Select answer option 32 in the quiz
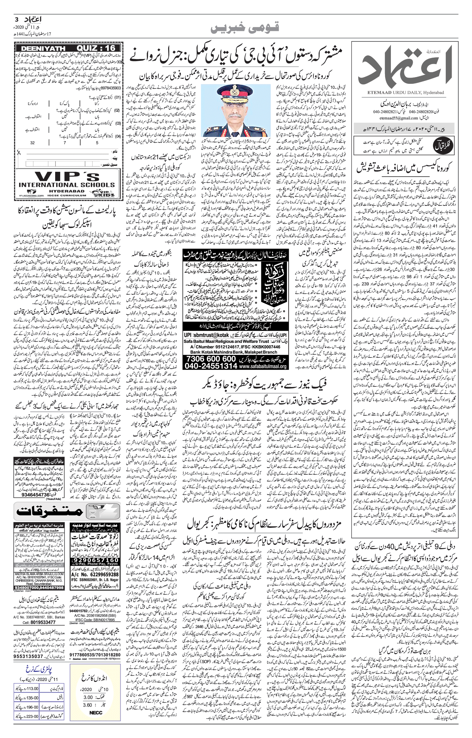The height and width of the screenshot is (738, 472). [x=32, y=143]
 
